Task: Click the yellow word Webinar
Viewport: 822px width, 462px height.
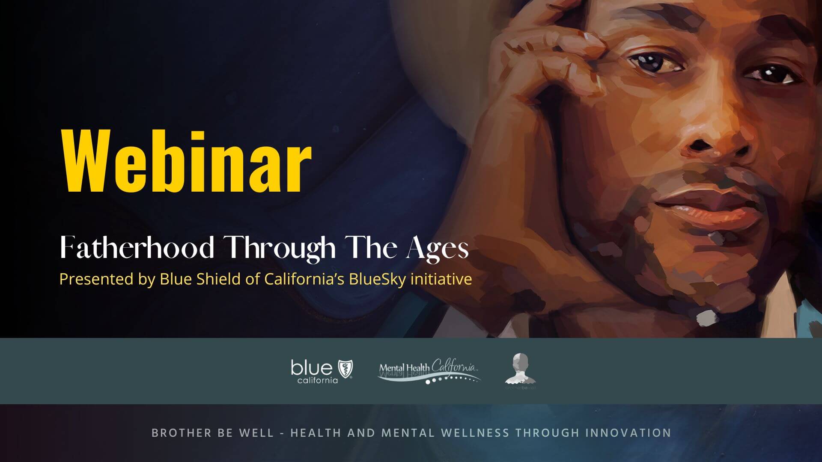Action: tap(187, 162)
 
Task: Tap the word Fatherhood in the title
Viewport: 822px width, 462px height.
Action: tap(137, 248)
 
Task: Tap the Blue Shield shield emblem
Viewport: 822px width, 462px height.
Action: tap(345, 368)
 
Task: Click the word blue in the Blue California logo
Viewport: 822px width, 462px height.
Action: tap(311, 367)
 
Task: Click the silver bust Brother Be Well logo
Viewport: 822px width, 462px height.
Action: tap(520, 369)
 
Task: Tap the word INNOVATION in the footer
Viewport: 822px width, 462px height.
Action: tap(628, 432)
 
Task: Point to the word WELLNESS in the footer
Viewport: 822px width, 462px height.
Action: tap(475, 432)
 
